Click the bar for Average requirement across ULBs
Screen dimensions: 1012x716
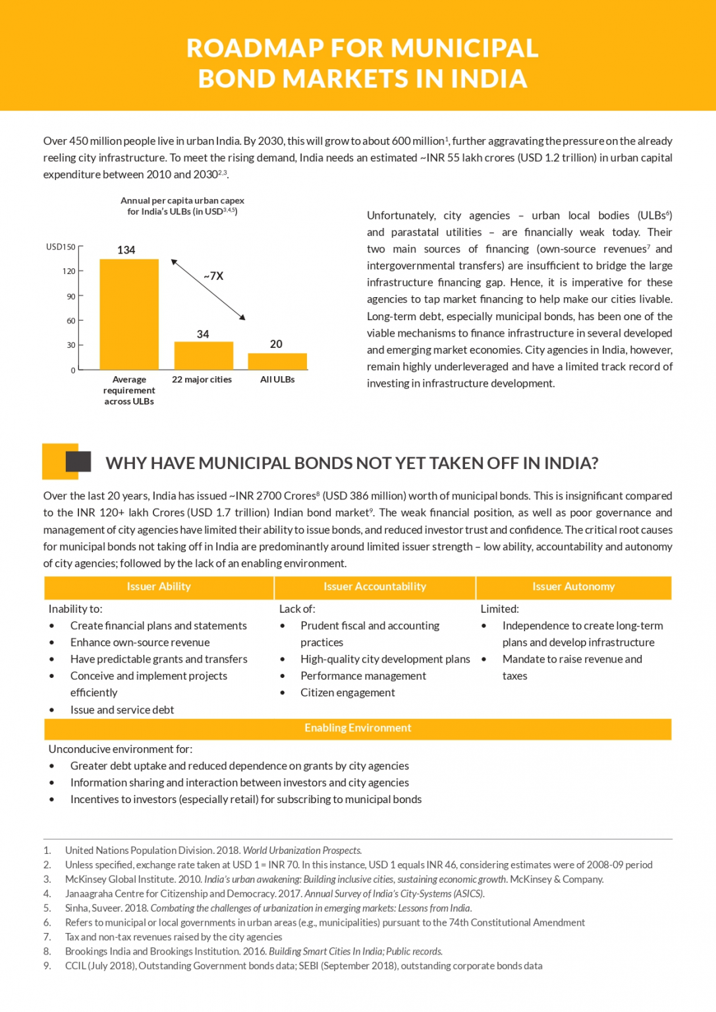click(x=129, y=314)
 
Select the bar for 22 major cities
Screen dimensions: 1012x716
click(x=204, y=356)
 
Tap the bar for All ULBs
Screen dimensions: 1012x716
click(x=277, y=361)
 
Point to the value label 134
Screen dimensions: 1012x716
click(x=126, y=250)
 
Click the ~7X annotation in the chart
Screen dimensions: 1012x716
click(x=213, y=276)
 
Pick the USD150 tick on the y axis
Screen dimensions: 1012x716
click(x=61, y=247)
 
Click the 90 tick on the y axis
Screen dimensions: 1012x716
click(x=70, y=296)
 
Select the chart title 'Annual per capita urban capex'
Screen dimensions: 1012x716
click(x=182, y=201)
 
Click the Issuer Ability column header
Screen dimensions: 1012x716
click(x=159, y=586)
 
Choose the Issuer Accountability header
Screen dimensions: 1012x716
click(x=375, y=586)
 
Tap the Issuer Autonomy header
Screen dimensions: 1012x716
click(x=574, y=586)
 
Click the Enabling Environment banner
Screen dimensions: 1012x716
click(x=358, y=728)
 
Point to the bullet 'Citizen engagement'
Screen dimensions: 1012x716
click(x=348, y=692)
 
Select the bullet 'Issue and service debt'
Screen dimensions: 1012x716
click(x=122, y=710)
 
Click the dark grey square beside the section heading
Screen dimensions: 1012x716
click(x=78, y=461)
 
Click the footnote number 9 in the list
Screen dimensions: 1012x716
click(x=47, y=966)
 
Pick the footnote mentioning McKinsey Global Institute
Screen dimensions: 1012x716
click(x=334, y=880)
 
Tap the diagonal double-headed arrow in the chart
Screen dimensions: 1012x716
click(x=208, y=290)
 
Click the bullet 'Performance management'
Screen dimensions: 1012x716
click(x=363, y=676)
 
